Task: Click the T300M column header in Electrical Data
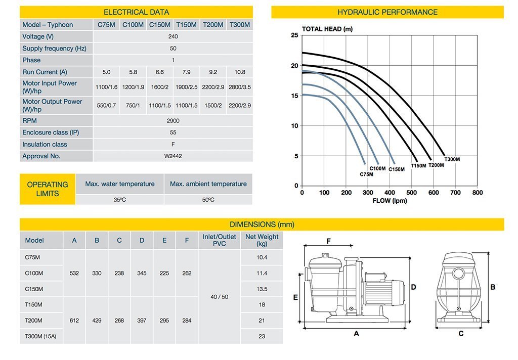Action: [239, 25]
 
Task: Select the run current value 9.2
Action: [212, 72]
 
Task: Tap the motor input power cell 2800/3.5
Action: [239, 87]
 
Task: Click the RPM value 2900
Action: [172, 121]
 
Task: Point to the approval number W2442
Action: [172, 156]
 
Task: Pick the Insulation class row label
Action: [45, 145]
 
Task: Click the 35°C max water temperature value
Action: [119, 200]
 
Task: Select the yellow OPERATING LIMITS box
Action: [48, 189]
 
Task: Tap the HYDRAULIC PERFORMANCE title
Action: [387, 12]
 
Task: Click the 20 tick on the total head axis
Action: [294, 66]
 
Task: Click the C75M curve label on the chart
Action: [366, 174]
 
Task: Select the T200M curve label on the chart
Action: [436, 165]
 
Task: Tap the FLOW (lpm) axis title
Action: [390, 201]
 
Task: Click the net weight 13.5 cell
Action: [262, 289]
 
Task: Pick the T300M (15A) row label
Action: [40, 336]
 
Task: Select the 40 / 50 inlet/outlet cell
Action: [219, 297]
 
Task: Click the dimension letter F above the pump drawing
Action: [328, 241]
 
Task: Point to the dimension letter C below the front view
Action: [461, 334]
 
